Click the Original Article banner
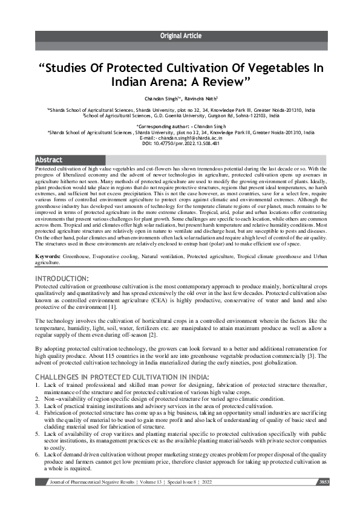tap(180, 36)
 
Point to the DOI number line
tap(180, 143)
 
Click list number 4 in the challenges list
tap(38, 409)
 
